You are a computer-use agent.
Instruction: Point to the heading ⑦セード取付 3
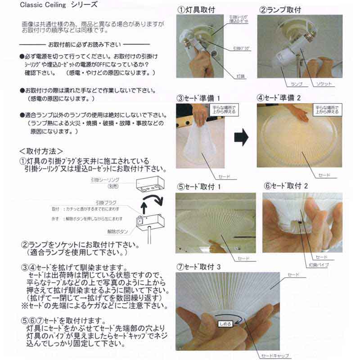coord(198,266)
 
